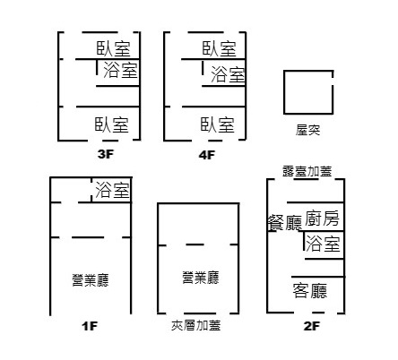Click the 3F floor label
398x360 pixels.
pyautogui.click(x=106, y=154)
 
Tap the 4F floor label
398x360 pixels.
pyautogui.click(x=207, y=155)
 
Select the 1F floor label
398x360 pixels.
pyautogui.click(x=90, y=326)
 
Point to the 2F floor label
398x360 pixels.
pyautogui.click(x=312, y=326)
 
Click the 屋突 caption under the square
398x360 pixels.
pyautogui.click(x=307, y=130)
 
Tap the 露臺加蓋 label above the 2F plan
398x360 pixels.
pyautogui.click(x=307, y=171)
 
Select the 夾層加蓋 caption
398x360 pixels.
pyautogui.click(x=196, y=325)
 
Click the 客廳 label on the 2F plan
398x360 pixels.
pyautogui.click(x=310, y=291)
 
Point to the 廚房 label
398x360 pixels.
pyautogui.click(x=322, y=219)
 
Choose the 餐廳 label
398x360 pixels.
pyautogui.click(x=285, y=223)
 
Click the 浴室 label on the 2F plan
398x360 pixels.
pyautogui.click(x=323, y=244)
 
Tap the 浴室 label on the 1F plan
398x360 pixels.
pyautogui.click(x=112, y=190)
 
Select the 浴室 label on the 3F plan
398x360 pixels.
pyautogui.click(x=120, y=70)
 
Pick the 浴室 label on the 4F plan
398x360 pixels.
pyautogui.click(x=228, y=74)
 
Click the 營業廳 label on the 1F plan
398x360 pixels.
pyautogui.click(x=91, y=280)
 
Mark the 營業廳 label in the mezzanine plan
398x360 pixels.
pyautogui.click(x=201, y=278)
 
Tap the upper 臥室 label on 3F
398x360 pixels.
pyautogui.click(x=114, y=48)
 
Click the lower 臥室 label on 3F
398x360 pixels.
pyautogui.click(x=112, y=124)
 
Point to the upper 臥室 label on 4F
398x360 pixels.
pyautogui.click(x=220, y=48)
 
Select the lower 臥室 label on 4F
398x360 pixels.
pyautogui.click(x=218, y=124)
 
